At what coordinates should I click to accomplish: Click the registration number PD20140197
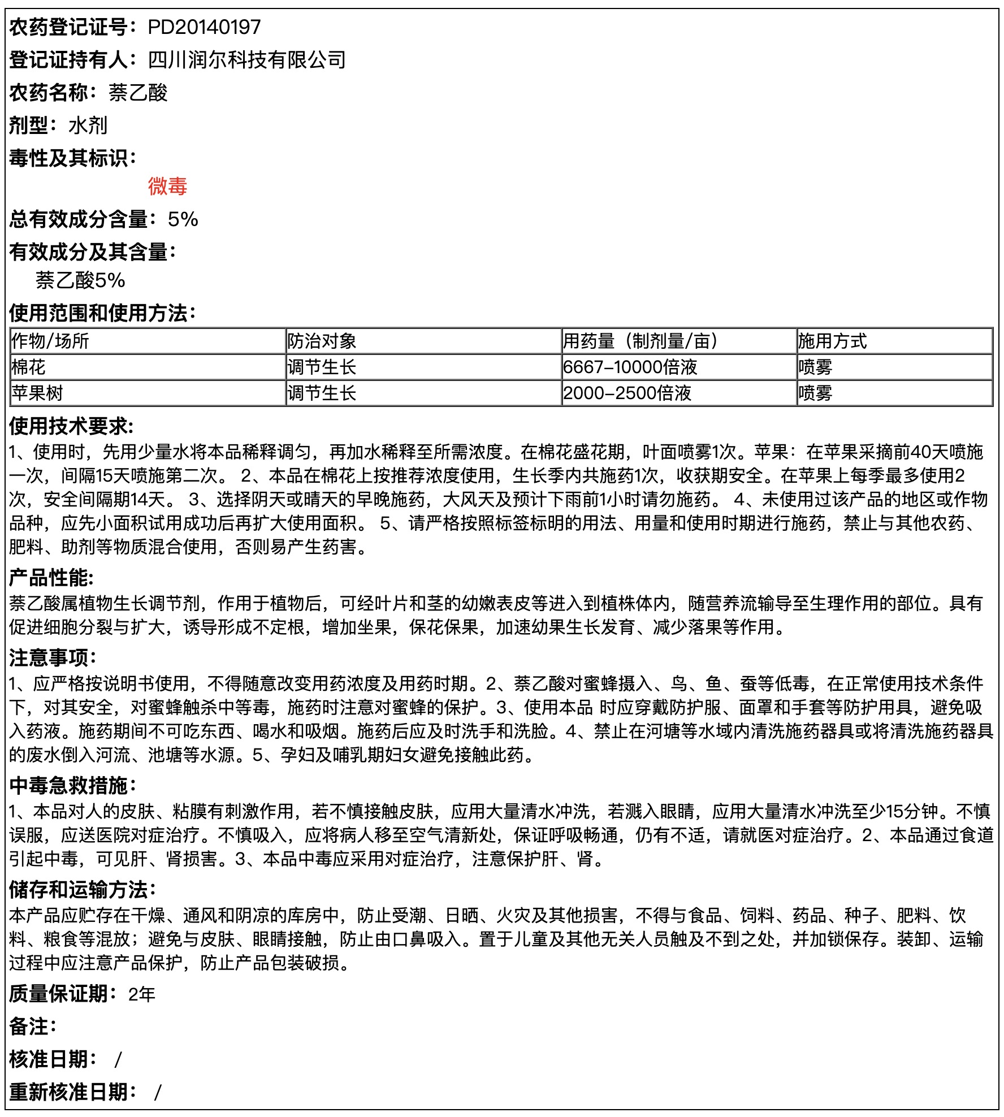(x=204, y=27)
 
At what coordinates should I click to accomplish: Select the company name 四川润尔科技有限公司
(x=246, y=60)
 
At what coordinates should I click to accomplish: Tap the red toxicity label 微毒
(x=167, y=186)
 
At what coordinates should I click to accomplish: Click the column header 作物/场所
(x=50, y=341)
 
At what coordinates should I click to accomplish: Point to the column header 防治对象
(x=322, y=341)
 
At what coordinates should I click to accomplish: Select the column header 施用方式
(x=832, y=341)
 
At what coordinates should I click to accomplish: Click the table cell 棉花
(x=29, y=367)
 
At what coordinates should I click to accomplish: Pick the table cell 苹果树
(x=37, y=393)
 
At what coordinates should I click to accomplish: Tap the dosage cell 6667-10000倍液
(x=630, y=367)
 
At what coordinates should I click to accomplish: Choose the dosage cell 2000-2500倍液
(x=627, y=393)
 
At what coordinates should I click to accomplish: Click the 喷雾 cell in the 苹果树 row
(x=815, y=393)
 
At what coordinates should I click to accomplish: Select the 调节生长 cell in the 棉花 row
(x=322, y=367)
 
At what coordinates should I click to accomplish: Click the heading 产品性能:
(x=51, y=578)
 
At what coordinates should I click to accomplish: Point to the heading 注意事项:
(x=53, y=657)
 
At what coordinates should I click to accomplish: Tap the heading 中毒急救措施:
(x=73, y=785)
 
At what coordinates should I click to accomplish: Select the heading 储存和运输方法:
(x=83, y=889)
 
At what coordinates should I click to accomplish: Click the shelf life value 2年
(x=141, y=994)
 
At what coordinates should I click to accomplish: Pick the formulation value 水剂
(x=88, y=125)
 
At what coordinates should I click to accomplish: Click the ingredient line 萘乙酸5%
(x=80, y=280)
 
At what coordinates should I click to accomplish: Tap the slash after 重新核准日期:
(x=158, y=1092)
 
